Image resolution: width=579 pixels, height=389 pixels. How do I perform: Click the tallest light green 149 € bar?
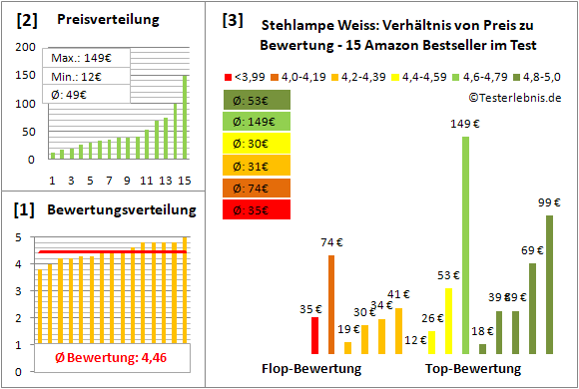click(x=465, y=244)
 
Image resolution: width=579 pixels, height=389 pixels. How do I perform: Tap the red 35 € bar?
click(x=315, y=335)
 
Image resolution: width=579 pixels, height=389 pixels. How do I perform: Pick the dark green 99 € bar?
click(x=548, y=284)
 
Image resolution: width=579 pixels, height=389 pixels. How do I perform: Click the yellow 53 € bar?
click(x=448, y=320)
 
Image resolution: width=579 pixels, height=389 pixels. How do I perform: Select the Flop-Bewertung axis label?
click(x=310, y=369)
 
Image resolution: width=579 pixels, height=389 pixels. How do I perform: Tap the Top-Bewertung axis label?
click(x=473, y=369)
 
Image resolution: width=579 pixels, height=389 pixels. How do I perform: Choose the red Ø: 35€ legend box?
click(x=258, y=209)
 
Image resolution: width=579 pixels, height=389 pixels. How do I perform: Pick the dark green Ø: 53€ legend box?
click(x=258, y=100)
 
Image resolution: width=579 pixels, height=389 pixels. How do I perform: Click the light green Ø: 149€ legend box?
click(x=258, y=122)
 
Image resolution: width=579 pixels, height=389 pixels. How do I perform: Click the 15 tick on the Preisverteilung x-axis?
click(x=183, y=181)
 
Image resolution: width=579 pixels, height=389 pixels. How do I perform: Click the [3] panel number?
click(x=232, y=19)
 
